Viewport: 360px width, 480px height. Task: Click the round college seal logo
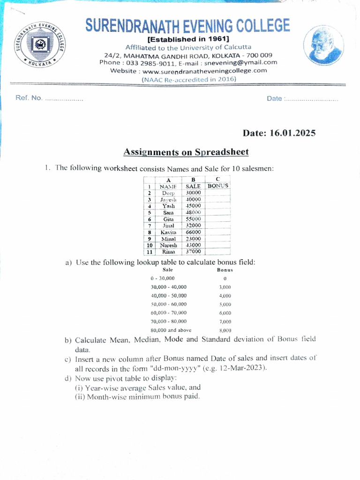(x=39, y=45)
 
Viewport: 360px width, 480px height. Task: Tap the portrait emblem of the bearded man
(x=322, y=46)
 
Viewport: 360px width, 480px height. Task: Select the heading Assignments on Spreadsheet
(x=186, y=152)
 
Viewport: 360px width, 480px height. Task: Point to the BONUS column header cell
(x=218, y=186)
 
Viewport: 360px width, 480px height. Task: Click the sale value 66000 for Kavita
(x=193, y=232)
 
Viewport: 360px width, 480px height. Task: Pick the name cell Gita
(x=168, y=219)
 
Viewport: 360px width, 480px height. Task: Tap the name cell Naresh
(x=168, y=245)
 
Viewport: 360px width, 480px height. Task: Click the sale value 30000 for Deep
(x=193, y=193)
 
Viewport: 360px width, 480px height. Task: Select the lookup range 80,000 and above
(x=171, y=330)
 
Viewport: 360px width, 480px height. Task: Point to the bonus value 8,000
(x=225, y=330)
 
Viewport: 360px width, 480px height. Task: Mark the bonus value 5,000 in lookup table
(x=225, y=304)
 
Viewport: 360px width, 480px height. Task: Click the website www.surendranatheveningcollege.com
(x=204, y=71)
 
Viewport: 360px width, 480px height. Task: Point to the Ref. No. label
(x=29, y=98)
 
